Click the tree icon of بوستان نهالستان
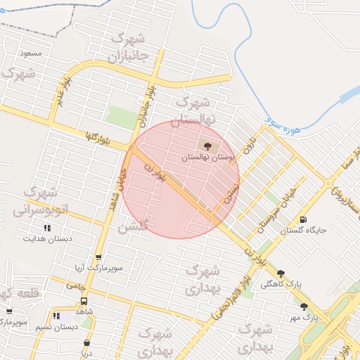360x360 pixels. (207, 146)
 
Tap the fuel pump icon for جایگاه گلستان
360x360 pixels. (303, 220)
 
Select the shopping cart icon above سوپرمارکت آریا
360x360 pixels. (97, 258)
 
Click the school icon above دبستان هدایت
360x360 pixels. (48, 228)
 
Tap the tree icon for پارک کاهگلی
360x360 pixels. (281, 274)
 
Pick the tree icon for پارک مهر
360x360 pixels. (304, 307)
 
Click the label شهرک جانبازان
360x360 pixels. (131, 46)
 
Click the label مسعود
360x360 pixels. (31, 53)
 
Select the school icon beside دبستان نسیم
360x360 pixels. (56, 316)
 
